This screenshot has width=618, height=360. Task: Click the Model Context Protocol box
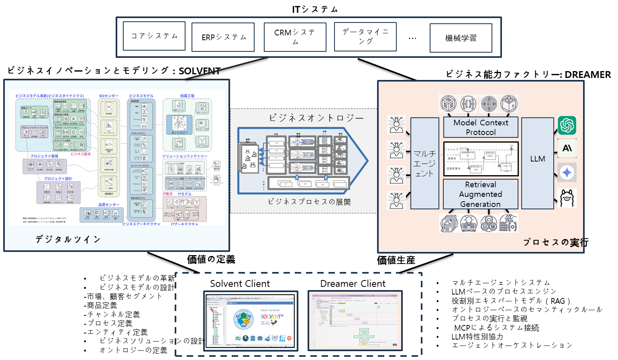(481, 127)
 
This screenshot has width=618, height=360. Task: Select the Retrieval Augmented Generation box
(481, 194)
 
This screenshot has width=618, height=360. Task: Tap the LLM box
(537, 159)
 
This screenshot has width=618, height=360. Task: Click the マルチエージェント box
(424, 164)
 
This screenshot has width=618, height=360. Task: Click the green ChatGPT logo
(567, 125)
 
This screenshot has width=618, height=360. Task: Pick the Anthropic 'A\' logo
(567, 148)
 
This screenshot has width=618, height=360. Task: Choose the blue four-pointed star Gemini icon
(567, 172)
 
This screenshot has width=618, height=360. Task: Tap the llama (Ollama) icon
(567, 198)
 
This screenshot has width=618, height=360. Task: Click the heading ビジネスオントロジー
(316, 118)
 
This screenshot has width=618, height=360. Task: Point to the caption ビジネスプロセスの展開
(309, 202)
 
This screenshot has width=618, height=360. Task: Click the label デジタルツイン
(68, 239)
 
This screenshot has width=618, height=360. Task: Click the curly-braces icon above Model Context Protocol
(468, 104)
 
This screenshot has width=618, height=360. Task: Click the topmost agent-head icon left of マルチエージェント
(396, 125)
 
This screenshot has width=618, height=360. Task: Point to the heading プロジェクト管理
(44, 156)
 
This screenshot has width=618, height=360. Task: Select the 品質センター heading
(109, 205)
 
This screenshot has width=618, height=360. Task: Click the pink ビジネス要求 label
(80, 154)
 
